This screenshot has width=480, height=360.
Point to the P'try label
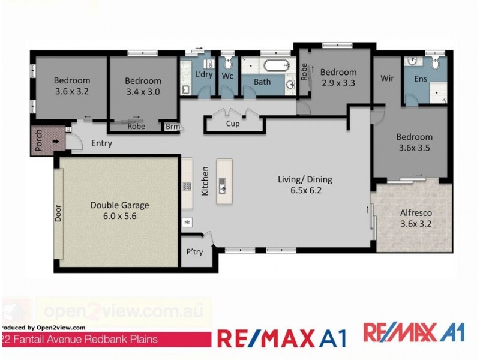point(194,252)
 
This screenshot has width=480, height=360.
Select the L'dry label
point(205,75)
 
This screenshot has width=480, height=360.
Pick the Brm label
point(172,127)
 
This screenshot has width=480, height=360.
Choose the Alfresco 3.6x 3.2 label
point(416,218)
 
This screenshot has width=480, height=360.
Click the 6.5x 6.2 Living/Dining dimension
point(305,191)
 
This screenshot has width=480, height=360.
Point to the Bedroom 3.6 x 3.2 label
point(72,87)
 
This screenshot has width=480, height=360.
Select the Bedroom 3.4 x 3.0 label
point(143,87)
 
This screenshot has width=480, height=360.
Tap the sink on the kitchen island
point(223,185)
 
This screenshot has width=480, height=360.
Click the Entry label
point(101,144)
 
